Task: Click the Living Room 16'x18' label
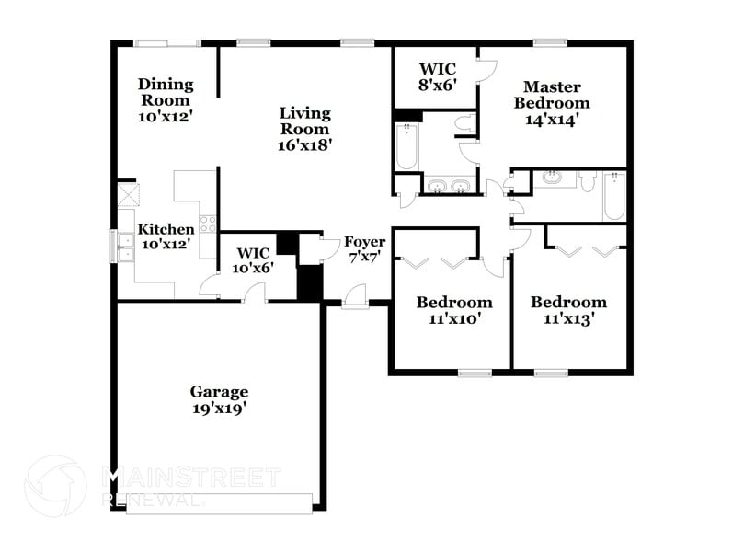(305, 128)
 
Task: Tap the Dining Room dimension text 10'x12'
(166, 117)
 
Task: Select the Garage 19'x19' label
(218, 400)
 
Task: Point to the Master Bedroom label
(552, 102)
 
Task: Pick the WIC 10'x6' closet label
(253, 260)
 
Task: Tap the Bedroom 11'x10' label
(454, 310)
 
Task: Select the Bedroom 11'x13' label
(568, 310)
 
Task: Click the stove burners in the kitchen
(209, 221)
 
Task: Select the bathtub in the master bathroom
(406, 148)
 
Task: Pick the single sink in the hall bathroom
(554, 178)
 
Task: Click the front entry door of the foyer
(351, 296)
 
